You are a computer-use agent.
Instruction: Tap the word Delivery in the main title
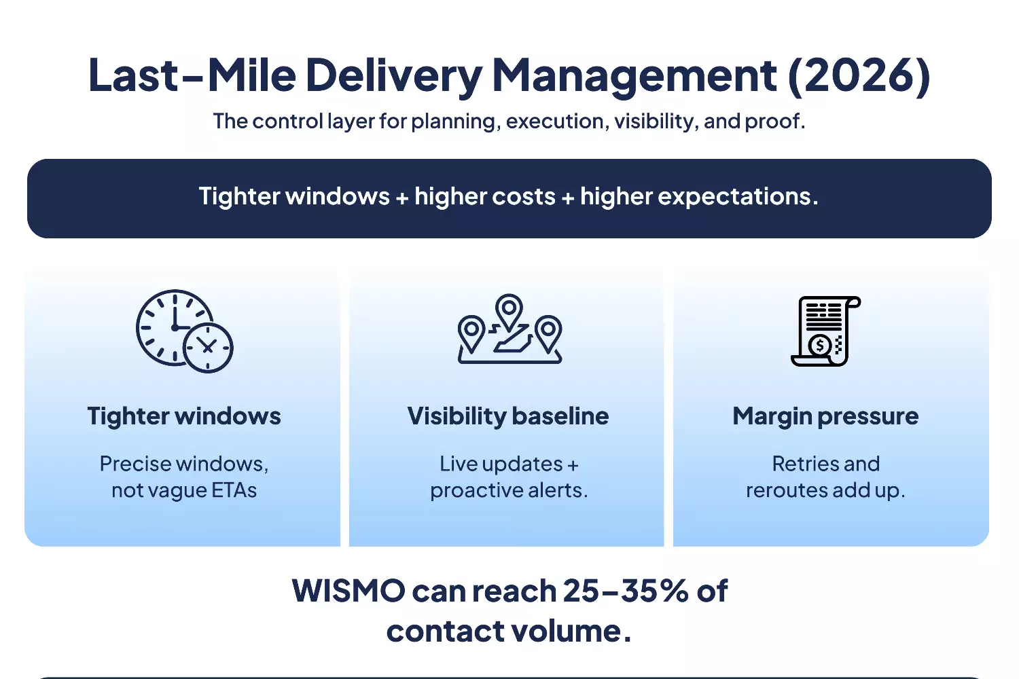pyautogui.click(x=393, y=75)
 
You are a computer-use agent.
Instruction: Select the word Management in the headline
pyautogui.click(x=634, y=75)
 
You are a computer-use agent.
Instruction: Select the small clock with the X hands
pyautogui.click(x=208, y=348)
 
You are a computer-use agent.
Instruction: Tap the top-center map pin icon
pyautogui.click(x=509, y=310)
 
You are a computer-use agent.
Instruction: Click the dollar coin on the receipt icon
pyautogui.click(x=820, y=346)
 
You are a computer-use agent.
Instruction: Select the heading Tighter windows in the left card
pyautogui.click(x=184, y=416)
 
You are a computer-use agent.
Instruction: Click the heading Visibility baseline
pyautogui.click(x=508, y=416)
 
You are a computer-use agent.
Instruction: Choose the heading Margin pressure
pyautogui.click(x=825, y=416)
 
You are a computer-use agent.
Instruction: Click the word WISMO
pyautogui.click(x=348, y=591)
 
